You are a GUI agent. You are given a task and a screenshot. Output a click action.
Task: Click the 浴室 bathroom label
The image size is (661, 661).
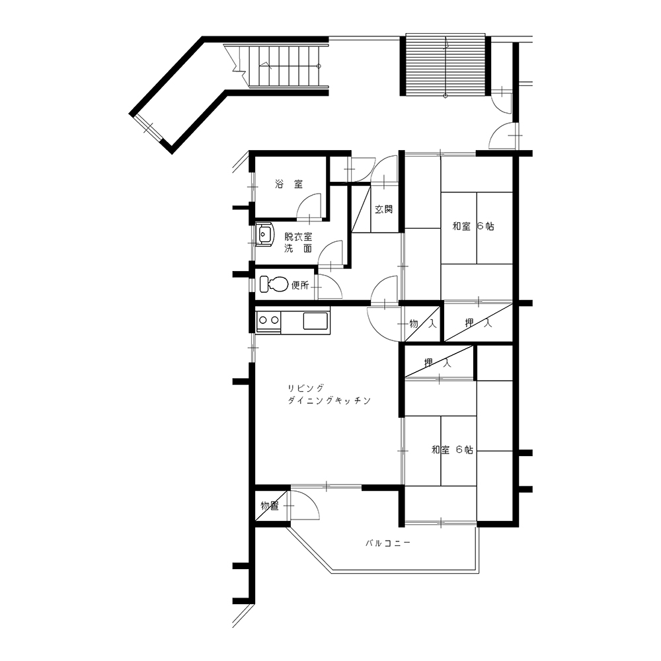coord(289,184)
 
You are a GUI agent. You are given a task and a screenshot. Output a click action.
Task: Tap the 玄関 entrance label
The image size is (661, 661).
coord(383,209)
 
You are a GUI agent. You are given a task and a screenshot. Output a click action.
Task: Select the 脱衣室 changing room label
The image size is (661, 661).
coord(298,237)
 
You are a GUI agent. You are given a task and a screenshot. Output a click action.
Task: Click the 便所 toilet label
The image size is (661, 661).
coord(300,286)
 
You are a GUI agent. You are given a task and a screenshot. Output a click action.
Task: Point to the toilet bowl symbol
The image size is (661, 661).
coord(274,284)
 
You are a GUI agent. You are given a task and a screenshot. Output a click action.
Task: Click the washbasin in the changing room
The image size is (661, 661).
coord(265,234)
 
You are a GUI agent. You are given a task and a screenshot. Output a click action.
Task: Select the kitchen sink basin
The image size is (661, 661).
coord(315,321)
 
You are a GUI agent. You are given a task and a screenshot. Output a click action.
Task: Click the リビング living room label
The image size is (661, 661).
coord(306,388)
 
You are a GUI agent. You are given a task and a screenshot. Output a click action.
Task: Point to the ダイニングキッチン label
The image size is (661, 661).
coord(329,401)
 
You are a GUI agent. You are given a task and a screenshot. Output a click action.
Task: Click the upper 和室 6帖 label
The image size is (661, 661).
coord(473,226)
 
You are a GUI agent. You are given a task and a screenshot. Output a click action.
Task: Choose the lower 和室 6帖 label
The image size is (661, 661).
coord(452,449)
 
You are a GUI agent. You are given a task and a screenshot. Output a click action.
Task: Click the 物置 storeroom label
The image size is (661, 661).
coord(270,506)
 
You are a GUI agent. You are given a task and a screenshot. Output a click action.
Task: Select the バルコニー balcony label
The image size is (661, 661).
coord(387,543)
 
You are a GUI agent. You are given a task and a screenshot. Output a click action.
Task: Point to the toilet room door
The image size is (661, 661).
coord(329,287)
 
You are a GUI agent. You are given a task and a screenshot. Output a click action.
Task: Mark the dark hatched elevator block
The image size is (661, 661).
coord(445,65)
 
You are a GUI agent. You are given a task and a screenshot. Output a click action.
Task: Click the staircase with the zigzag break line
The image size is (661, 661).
coord(276,66)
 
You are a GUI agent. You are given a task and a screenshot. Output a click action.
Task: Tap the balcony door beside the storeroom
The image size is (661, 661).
coord(304,505)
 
